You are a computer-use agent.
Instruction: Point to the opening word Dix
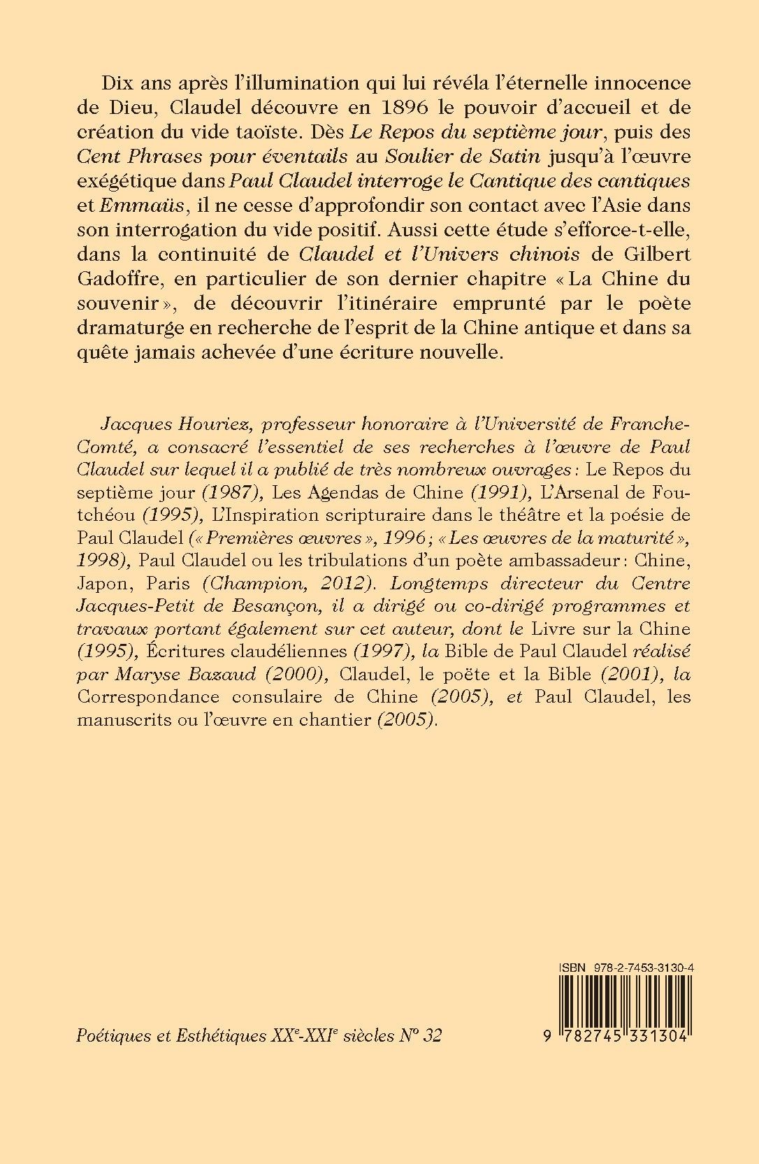(117, 82)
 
